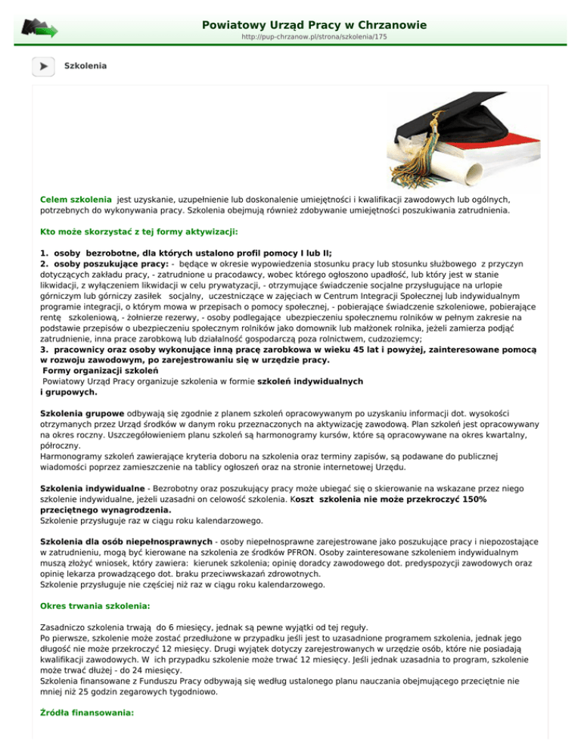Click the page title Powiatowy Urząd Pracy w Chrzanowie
click(314, 26)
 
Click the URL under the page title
click(314, 37)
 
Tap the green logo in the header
click(38, 29)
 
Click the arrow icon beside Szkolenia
click(42, 66)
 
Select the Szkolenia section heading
click(85, 66)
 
